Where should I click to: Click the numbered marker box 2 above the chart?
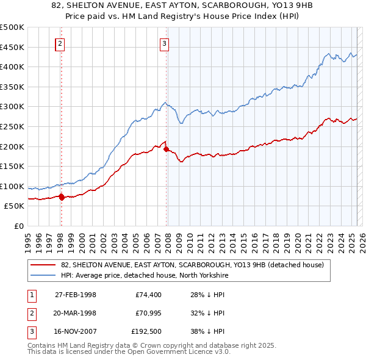[60, 43]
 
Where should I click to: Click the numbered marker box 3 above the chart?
[165, 43]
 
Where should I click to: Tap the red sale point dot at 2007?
[167, 149]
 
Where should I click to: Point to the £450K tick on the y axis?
[13, 47]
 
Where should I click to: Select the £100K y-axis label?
[13, 186]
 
